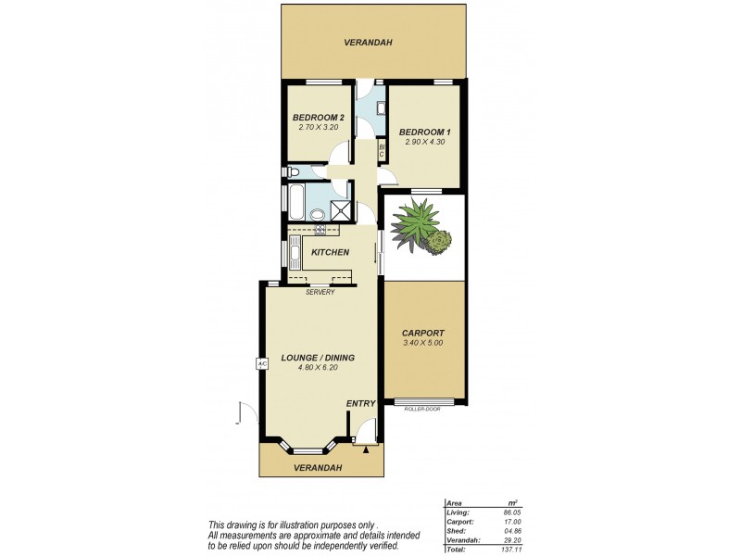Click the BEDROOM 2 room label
318,118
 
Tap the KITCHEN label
330,252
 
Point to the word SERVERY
320,293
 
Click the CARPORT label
423,333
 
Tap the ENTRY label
360,404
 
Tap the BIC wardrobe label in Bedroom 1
382,150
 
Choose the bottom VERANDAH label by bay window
318,467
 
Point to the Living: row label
458,512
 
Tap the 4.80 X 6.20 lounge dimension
319,367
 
